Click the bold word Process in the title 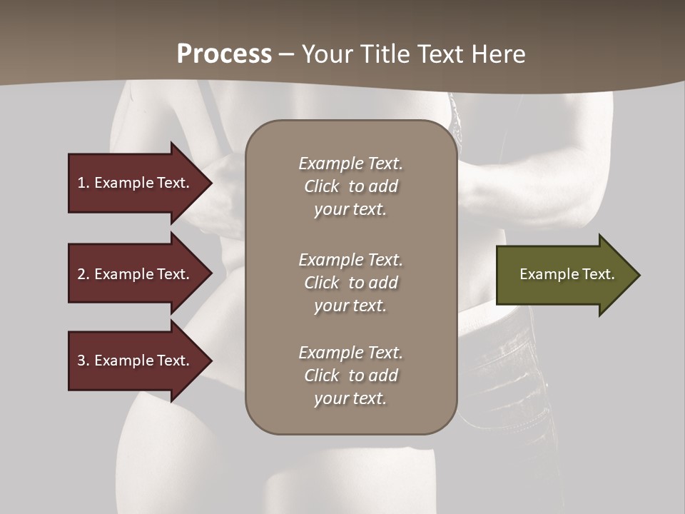(x=224, y=54)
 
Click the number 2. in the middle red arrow (x=83, y=274)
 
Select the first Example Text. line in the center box (x=350, y=163)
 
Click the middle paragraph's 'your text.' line (x=350, y=306)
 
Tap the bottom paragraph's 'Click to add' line (x=350, y=376)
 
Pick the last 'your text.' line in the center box (x=350, y=398)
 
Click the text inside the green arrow (x=567, y=274)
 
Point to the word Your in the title (x=327, y=54)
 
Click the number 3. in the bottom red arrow (x=83, y=361)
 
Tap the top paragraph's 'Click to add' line (x=350, y=186)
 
